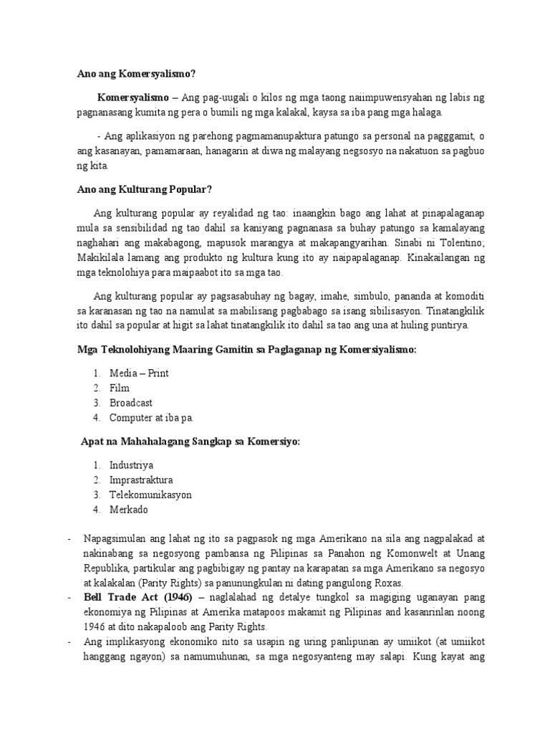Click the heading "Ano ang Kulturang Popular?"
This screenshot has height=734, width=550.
(145, 189)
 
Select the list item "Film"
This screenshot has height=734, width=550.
(120, 389)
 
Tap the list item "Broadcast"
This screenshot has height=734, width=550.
(131, 403)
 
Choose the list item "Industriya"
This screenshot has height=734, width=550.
(132, 465)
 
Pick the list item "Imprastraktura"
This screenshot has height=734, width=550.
(141, 480)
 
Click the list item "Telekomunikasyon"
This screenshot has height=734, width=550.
(150, 495)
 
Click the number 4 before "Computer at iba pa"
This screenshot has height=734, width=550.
(95, 418)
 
